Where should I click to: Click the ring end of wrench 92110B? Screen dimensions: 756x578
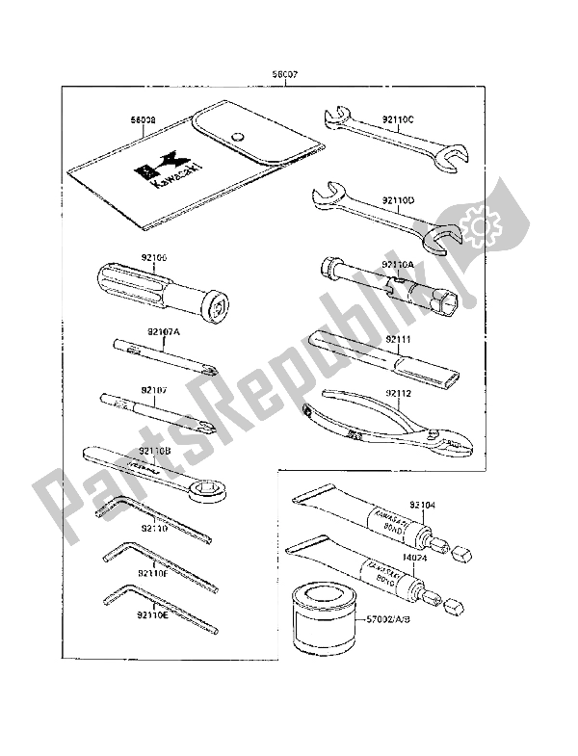click(x=211, y=494)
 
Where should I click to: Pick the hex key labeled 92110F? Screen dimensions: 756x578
click(x=154, y=573)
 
